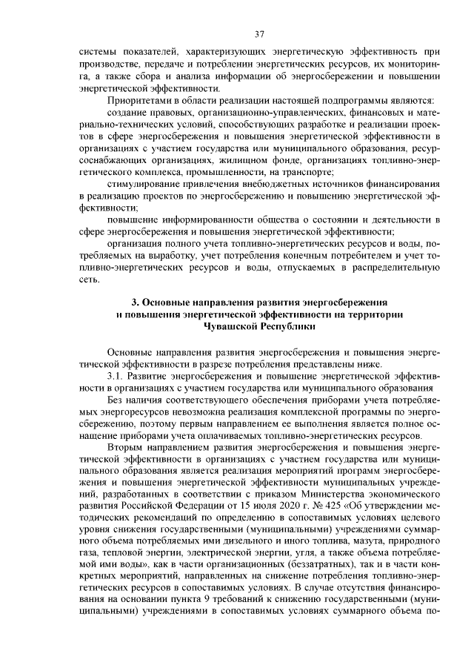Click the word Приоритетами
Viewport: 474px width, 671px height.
138,99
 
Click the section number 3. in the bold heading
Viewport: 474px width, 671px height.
134,302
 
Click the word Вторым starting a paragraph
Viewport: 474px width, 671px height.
127,449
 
